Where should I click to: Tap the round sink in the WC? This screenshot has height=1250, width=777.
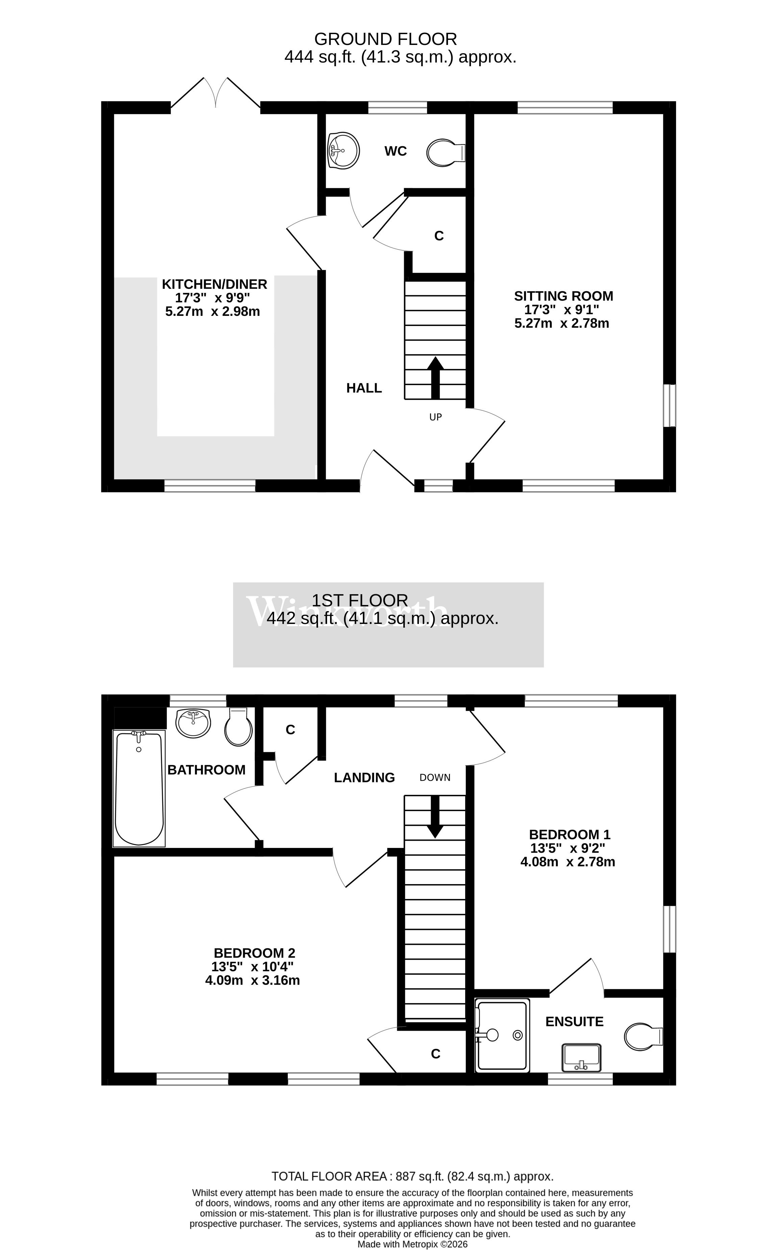coord(343,151)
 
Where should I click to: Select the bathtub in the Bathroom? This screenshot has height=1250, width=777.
coord(139,788)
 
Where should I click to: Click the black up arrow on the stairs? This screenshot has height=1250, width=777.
coord(435,378)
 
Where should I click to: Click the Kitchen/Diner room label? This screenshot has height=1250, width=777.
coord(214,284)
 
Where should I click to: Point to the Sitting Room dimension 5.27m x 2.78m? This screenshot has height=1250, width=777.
coord(562,324)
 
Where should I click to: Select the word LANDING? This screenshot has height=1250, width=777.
coord(365,778)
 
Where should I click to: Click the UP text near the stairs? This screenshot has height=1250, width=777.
coord(435,417)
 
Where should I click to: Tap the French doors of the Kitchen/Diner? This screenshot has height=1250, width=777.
coord(216,94)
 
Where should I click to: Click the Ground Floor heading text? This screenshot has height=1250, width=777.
coord(385,39)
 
